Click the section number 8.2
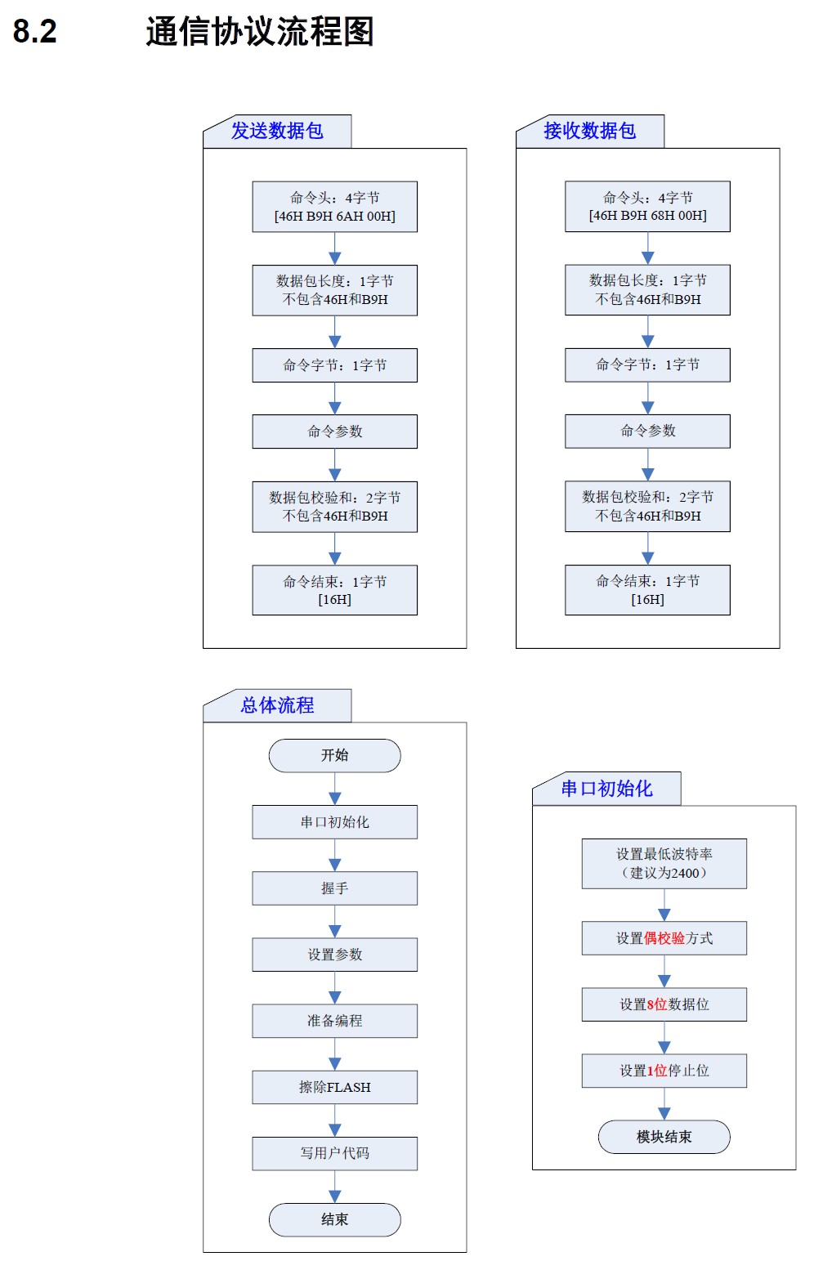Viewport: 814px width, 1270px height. tap(34, 32)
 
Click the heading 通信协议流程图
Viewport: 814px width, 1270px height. tap(260, 32)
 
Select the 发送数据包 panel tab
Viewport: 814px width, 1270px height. tap(277, 131)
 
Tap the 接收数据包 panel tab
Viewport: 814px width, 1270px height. tap(589, 131)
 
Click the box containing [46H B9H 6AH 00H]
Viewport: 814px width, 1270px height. tap(334, 207)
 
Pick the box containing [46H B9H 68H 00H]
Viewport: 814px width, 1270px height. tap(647, 207)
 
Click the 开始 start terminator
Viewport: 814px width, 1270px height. tap(334, 755)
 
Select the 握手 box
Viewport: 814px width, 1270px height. tap(334, 888)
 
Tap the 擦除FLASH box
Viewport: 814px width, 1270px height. tap(334, 1087)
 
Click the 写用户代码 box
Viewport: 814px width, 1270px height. tap(334, 1153)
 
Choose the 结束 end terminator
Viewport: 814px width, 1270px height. tap(334, 1219)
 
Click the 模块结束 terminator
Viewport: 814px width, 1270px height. tap(664, 1137)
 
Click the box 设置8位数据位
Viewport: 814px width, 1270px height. tap(664, 1004)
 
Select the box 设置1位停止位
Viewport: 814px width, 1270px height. tap(664, 1071)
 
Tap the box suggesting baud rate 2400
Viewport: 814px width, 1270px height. tap(664, 864)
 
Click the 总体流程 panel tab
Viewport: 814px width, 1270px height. tap(277, 705)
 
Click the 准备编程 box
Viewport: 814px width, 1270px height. tap(334, 1021)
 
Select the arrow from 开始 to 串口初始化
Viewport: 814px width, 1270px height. tap(335, 789)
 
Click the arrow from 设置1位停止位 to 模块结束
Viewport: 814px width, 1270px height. tap(664, 1104)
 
